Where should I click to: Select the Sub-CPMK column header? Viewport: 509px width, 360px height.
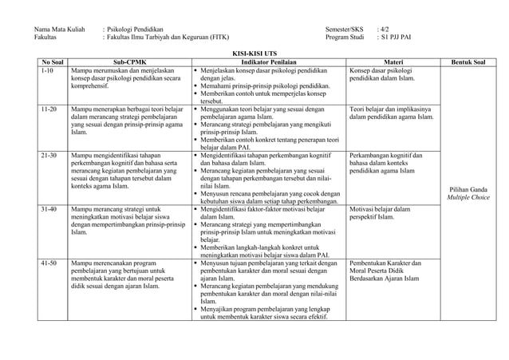[x=129, y=61]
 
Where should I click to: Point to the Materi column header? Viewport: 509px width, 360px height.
[x=393, y=61]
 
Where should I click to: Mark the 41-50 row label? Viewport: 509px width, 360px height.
[x=49, y=263]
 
